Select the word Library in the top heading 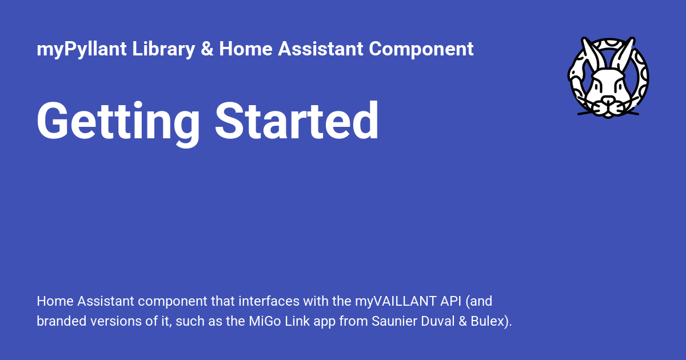(x=164, y=49)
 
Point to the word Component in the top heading (x=421, y=49)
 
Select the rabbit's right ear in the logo (x=624, y=54)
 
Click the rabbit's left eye (x=598, y=86)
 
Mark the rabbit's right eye (x=618, y=86)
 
